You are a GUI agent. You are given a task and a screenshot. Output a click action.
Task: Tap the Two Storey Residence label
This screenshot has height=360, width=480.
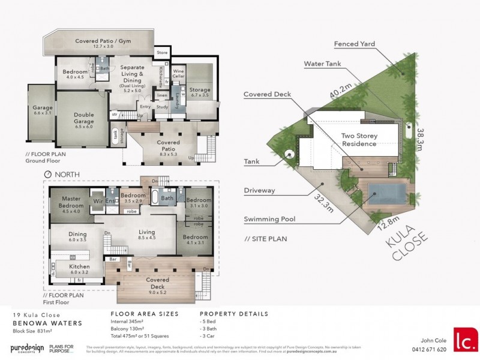click(359, 140)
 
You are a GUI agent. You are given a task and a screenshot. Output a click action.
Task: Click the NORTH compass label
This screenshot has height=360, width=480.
click(67, 175)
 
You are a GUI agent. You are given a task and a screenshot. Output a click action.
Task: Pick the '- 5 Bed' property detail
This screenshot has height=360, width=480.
click(210, 322)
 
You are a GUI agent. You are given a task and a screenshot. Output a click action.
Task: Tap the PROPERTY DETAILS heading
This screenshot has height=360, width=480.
click(233, 314)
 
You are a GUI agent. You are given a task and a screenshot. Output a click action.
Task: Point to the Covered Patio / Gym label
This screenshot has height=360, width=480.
click(103, 44)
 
